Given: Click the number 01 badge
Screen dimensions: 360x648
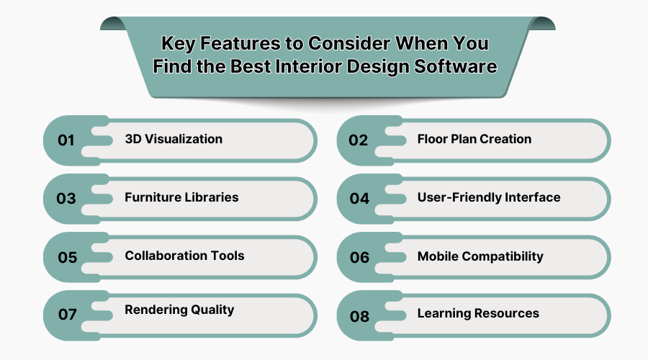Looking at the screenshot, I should pyautogui.click(x=66, y=140).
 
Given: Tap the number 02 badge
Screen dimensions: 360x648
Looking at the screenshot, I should pyautogui.click(x=359, y=140).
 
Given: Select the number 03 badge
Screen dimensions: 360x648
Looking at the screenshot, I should pyautogui.click(x=66, y=199).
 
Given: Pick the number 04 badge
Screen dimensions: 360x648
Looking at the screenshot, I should pyautogui.click(x=359, y=199).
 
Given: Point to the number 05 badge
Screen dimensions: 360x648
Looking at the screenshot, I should pyautogui.click(x=67, y=257).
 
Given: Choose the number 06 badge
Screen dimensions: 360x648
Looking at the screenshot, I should pyautogui.click(x=359, y=257).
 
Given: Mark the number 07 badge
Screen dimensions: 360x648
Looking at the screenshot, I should pyautogui.click(x=67, y=315).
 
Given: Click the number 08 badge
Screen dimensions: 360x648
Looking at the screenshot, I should pyautogui.click(x=359, y=315).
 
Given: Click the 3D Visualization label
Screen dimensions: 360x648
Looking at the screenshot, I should pyautogui.click(x=174, y=139).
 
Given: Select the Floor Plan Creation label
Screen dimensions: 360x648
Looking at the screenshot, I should pyautogui.click(x=474, y=139).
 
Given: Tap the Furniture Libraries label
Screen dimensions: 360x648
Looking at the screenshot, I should pyautogui.click(x=181, y=197).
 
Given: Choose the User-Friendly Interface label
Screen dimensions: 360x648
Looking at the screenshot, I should pyautogui.click(x=489, y=197).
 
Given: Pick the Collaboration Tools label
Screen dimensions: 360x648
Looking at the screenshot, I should pyautogui.click(x=184, y=256).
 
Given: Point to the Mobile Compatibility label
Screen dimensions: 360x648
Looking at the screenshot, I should pyautogui.click(x=480, y=256).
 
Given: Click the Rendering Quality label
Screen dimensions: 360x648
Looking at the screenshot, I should pyautogui.click(x=179, y=310).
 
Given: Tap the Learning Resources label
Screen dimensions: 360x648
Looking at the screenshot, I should pyautogui.click(x=478, y=313).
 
